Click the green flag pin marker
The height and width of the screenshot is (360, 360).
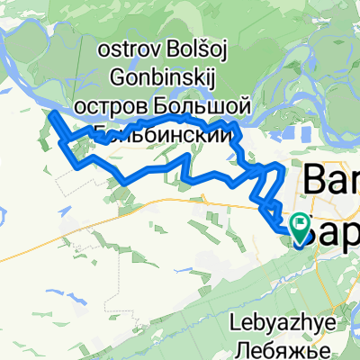299,224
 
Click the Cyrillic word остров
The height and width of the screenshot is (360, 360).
105,105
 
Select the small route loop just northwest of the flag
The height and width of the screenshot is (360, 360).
269,208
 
